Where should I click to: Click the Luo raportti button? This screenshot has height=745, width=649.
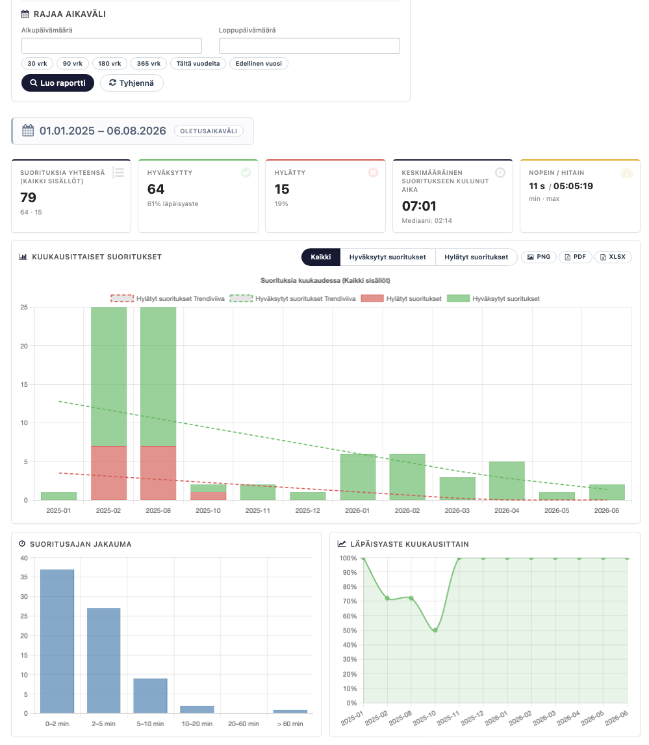pyautogui.click(x=57, y=83)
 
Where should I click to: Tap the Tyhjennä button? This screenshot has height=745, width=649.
pyautogui.click(x=131, y=83)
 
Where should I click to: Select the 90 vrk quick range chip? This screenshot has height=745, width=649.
pyautogui.click(x=73, y=63)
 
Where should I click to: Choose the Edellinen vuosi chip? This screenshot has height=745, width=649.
pyautogui.click(x=259, y=63)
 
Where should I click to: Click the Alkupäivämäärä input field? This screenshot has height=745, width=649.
pyautogui.click(x=112, y=46)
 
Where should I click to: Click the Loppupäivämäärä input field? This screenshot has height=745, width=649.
pyautogui.click(x=309, y=46)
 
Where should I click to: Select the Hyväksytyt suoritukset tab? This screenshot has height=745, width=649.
pyautogui.click(x=387, y=257)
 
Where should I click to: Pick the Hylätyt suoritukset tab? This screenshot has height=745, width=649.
pyautogui.click(x=476, y=257)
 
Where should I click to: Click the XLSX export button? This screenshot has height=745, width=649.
pyautogui.click(x=613, y=257)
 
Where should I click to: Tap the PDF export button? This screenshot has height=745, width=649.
pyautogui.click(x=576, y=257)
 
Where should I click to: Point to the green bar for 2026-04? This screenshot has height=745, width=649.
pyautogui.click(x=507, y=480)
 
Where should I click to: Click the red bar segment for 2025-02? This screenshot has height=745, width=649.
pyautogui.click(x=108, y=473)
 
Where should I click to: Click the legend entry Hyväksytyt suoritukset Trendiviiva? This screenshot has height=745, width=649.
pyautogui.click(x=292, y=298)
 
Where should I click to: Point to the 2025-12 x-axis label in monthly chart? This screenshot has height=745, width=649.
pyautogui.click(x=308, y=510)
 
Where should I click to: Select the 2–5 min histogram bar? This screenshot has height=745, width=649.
pyautogui.click(x=103, y=660)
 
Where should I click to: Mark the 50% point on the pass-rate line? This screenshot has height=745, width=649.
pyautogui.click(x=435, y=631)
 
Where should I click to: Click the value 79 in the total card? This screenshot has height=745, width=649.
pyautogui.click(x=28, y=197)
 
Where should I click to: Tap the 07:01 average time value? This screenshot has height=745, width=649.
pyautogui.click(x=419, y=205)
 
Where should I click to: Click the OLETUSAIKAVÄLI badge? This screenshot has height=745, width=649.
pyautogui.click(x=209, y=131)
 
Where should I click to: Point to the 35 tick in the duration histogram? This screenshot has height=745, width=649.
pyautogui.click(x=24, y=577)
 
